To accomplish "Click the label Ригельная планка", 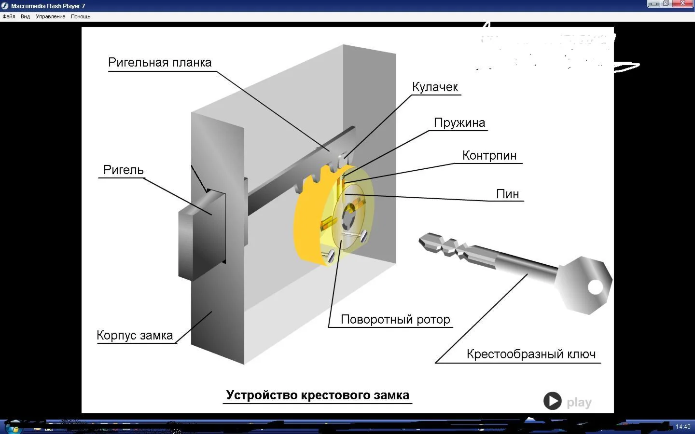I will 160,63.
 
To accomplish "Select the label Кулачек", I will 435,87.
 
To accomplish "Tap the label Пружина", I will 459,123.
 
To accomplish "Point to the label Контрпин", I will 489,156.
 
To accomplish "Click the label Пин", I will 508,194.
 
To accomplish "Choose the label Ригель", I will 124,170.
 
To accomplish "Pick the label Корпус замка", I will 135,336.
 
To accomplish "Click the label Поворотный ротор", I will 395,320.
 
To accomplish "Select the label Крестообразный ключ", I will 531,354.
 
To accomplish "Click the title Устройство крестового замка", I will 318,395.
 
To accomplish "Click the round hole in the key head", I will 596,287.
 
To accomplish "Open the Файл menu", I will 9,16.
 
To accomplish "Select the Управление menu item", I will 50,16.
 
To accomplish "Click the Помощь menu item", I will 81,16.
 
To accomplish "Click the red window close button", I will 683,3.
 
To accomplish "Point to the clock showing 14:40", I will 683,427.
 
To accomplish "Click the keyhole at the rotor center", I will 348,216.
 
